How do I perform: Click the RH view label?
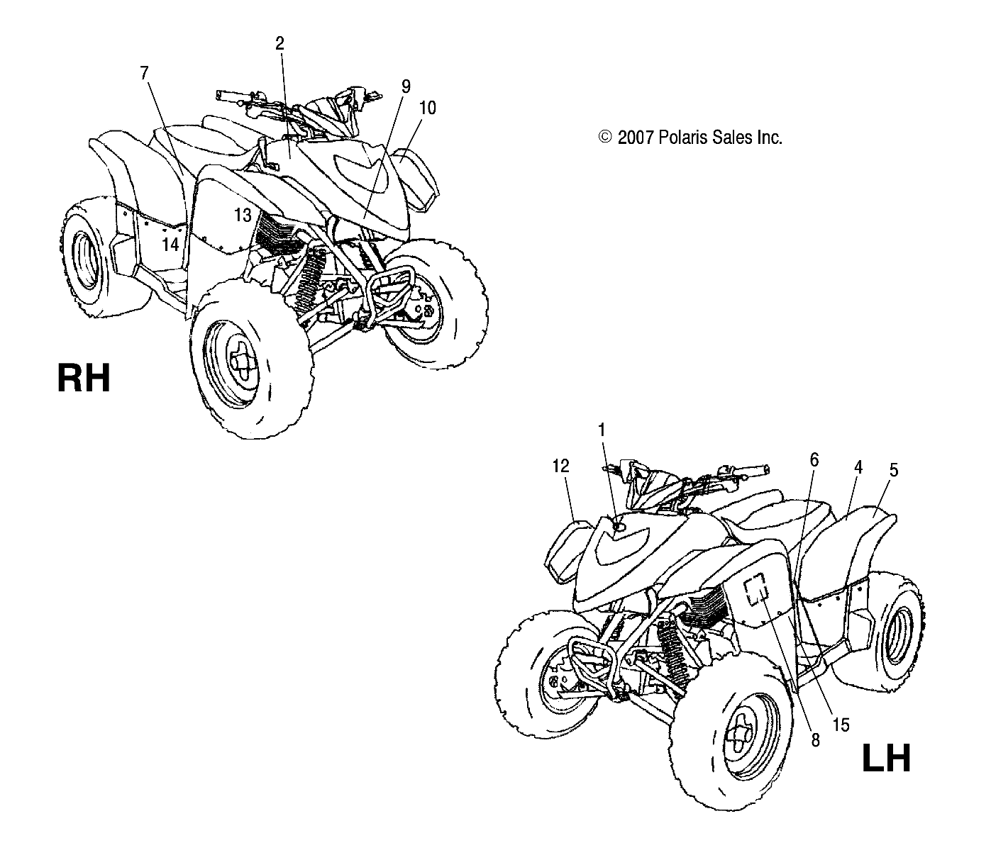click(x=84, y=378)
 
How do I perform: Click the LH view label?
click(x=885, y=759)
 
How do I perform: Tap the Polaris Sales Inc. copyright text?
click(x=690, y=138)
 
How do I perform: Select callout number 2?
click(x=279, y=43)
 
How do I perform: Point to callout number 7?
click(x=145, y=72)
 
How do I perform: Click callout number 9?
click(x=406, y=86)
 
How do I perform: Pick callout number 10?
click(x=427, y=108)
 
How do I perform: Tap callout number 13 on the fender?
click(x=243, y=214)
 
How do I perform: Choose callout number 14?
click(x=170, y=245)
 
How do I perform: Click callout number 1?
click(x=602, y=430)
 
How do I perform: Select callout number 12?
click(x=560, y=466)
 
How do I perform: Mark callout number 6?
click(x=814, y=460)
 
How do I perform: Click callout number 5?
click(x=894, y=469)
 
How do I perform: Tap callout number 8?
click(x=815, y=740)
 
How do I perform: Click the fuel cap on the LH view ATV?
click(x=618, y=525)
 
